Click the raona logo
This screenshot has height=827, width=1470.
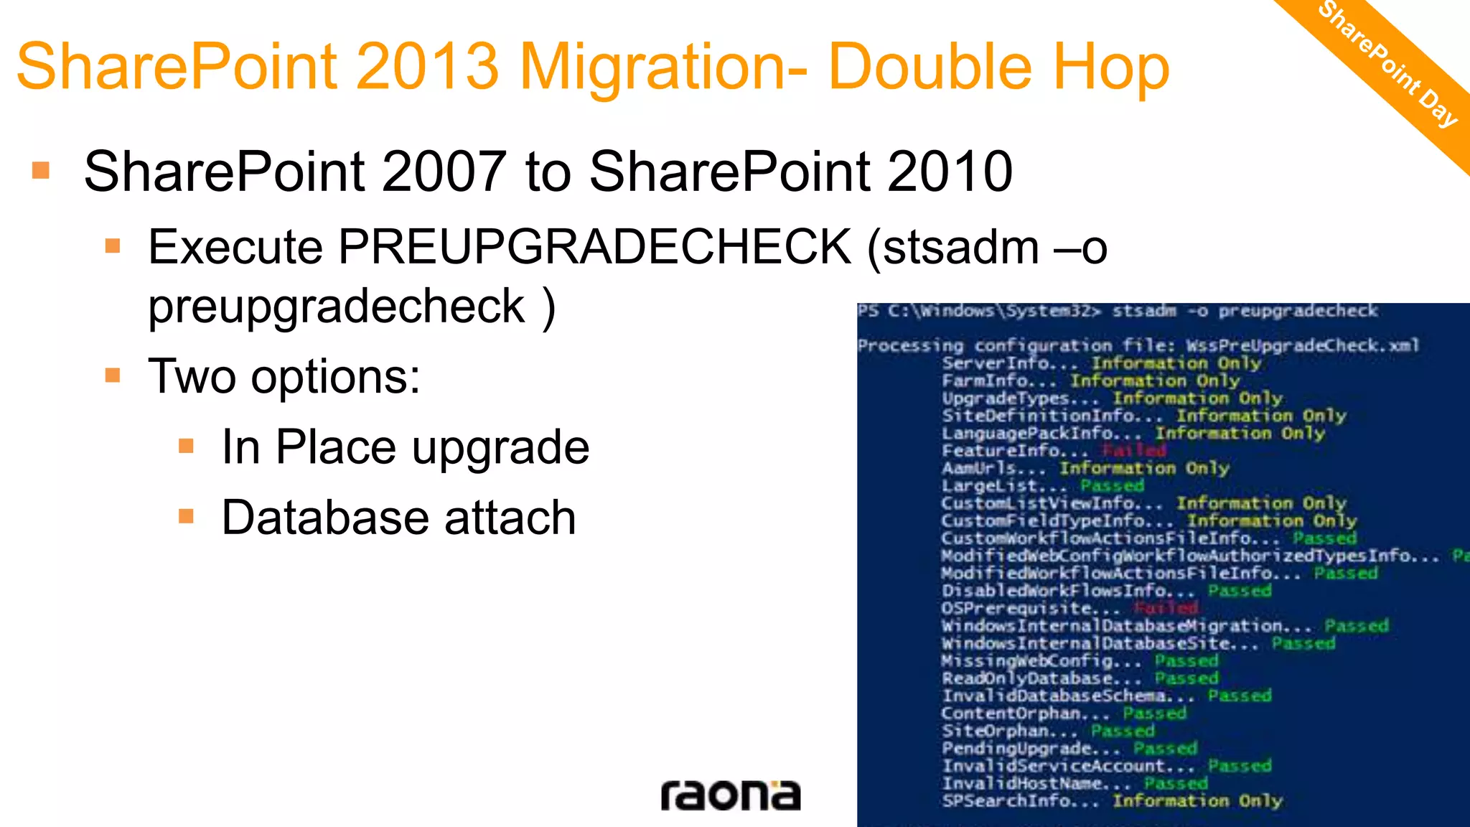pos(730,795)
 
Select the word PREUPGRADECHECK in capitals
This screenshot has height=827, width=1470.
pos(594,247)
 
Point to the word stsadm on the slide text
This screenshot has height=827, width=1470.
pos(961,247)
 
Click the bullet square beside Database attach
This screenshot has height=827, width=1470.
pos(187,516)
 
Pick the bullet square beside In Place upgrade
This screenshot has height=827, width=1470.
pos(187,447)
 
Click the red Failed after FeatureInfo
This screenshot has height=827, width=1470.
pos(1134,451)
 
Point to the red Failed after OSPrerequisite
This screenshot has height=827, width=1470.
pos(1166,608)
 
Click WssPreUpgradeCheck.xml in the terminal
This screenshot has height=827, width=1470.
pos(1302,346)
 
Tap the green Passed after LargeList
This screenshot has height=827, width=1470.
pos(1112,486)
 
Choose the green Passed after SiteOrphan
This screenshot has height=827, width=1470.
pos(1123,731)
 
